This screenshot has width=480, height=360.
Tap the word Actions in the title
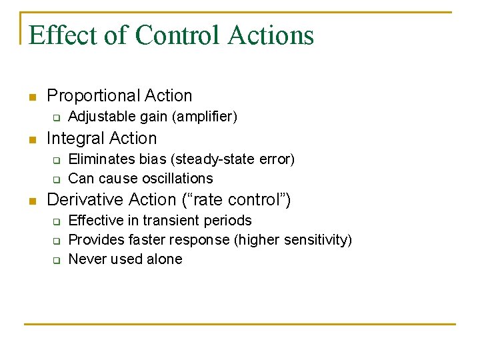click(270, 35)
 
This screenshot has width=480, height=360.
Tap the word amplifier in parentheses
click(205, 117)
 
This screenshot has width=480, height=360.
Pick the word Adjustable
click(102, 117)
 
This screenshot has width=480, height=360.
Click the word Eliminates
click(102, 159)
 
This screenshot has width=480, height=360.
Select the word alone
click(164, 259)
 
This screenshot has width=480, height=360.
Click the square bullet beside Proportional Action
click(31, 97)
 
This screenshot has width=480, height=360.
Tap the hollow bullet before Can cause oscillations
click(57, 179)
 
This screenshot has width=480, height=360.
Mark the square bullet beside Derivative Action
click(31, 201)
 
